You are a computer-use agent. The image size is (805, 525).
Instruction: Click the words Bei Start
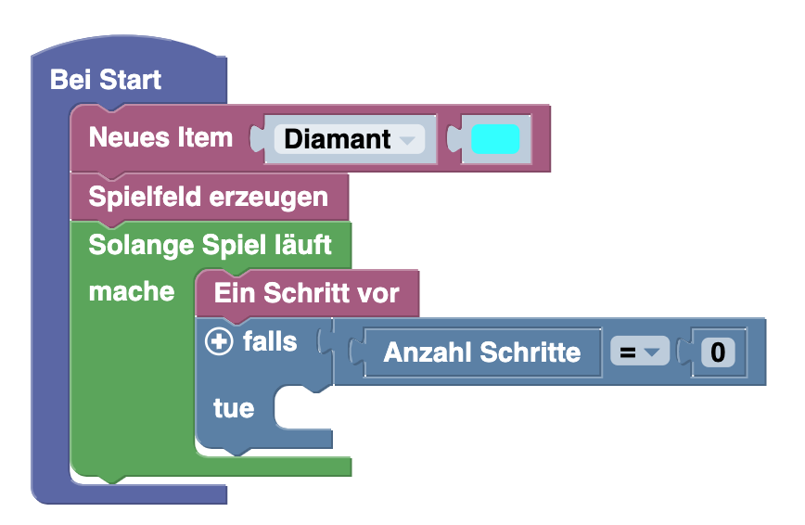pos(105,80)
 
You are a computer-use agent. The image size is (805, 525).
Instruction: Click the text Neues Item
pos(160,138)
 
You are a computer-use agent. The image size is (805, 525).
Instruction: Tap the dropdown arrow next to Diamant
pos(406,141)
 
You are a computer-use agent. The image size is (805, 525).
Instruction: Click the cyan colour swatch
pos(494,139)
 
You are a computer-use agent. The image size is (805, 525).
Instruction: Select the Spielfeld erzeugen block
pos(208,197)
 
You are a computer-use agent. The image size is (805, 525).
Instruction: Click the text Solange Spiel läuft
pos(210,246)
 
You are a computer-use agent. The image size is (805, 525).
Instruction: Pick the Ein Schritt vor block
pos(306,294)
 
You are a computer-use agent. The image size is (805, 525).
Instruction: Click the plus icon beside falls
pos(219,342)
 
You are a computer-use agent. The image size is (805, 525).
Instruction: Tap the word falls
pos(270,342)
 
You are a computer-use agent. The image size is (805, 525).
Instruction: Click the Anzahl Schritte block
pos(481,352)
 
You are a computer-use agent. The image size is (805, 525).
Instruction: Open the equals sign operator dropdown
pos(639,352)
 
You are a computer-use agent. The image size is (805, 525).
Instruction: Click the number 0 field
pos(717,352)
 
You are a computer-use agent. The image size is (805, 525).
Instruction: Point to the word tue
pos(233,408)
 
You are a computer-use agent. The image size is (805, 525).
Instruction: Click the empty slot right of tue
pos(301,409)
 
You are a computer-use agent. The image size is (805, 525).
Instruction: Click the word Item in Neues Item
pos(206,138)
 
